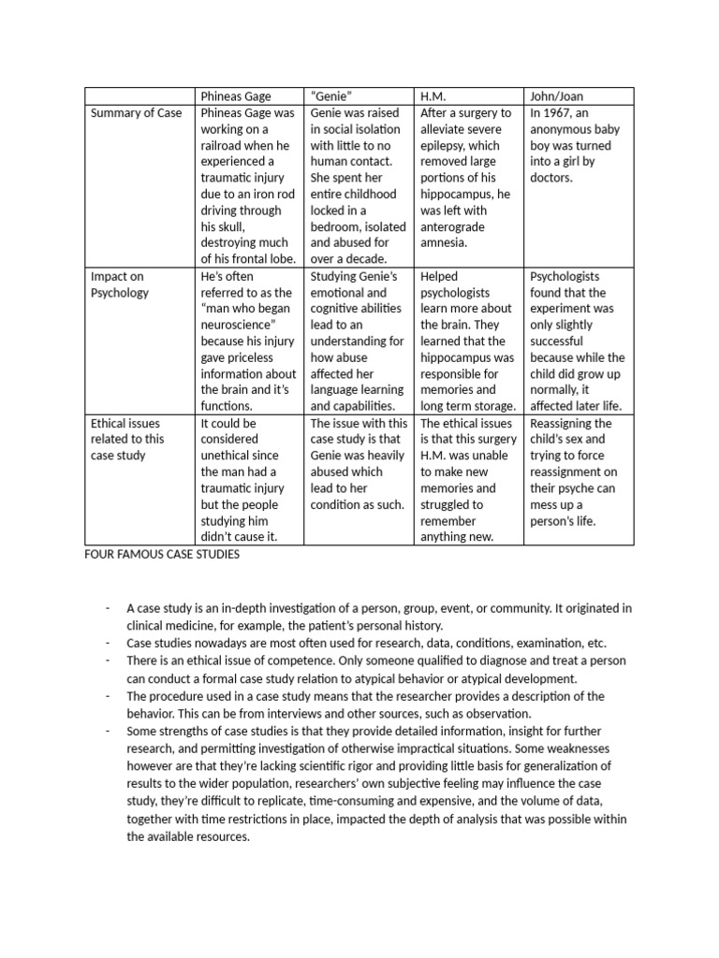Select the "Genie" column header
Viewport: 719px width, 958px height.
point(332,95)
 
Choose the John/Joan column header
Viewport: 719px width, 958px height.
point(556,95)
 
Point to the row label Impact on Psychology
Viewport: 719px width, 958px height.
point(119,284)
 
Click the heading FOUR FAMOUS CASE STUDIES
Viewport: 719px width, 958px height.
point(162,554)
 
